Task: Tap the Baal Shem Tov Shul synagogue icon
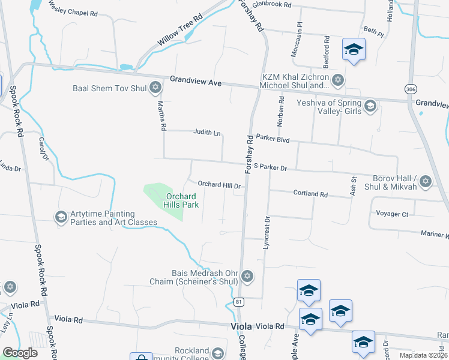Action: pyautogui.click(x=156, y=88)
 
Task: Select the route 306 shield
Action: pyautogui.click(x=410, y=88)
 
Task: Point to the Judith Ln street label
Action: pyautogui.click(x=206, y=133)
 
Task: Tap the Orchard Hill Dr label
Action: pyautogui.click(x=219, y=185)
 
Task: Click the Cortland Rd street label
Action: pyautogui.click(x=310, y=194)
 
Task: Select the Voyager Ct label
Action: pyautogui.click(x=392, y=214)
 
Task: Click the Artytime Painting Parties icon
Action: pyautogui.click(x=61, y=217)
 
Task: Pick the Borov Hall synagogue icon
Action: pyautogui.click(x=426, y=181)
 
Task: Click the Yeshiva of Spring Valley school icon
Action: pyautogui.click(x=370, y=106)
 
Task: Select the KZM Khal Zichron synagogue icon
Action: pyautogui.click(x=338, y=80)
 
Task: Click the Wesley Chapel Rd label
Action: pyautogui.click(x=73, y=11)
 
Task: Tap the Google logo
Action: pyautogui.click(x=20, y=352)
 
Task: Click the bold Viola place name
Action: pyautogui.click(x=242, y=326)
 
